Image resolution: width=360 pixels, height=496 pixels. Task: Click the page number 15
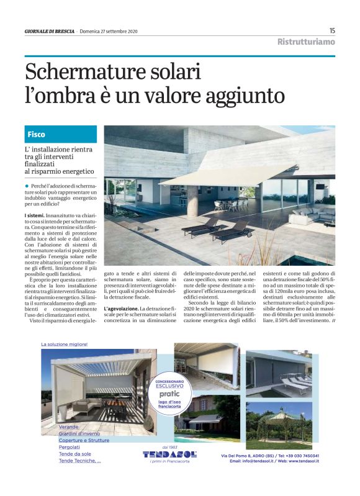[332, 30]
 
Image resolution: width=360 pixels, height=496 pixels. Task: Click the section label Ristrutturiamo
[306, 42]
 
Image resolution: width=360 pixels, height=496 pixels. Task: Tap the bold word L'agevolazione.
[124, 309]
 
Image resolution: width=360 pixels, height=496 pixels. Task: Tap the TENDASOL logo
[169, 454]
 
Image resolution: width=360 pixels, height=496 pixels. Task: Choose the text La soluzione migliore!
[65, 344]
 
